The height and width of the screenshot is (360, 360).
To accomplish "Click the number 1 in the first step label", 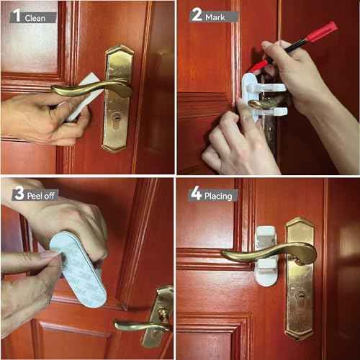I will coord(15,15).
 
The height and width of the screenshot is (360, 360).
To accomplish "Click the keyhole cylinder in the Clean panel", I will coord(117,119).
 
